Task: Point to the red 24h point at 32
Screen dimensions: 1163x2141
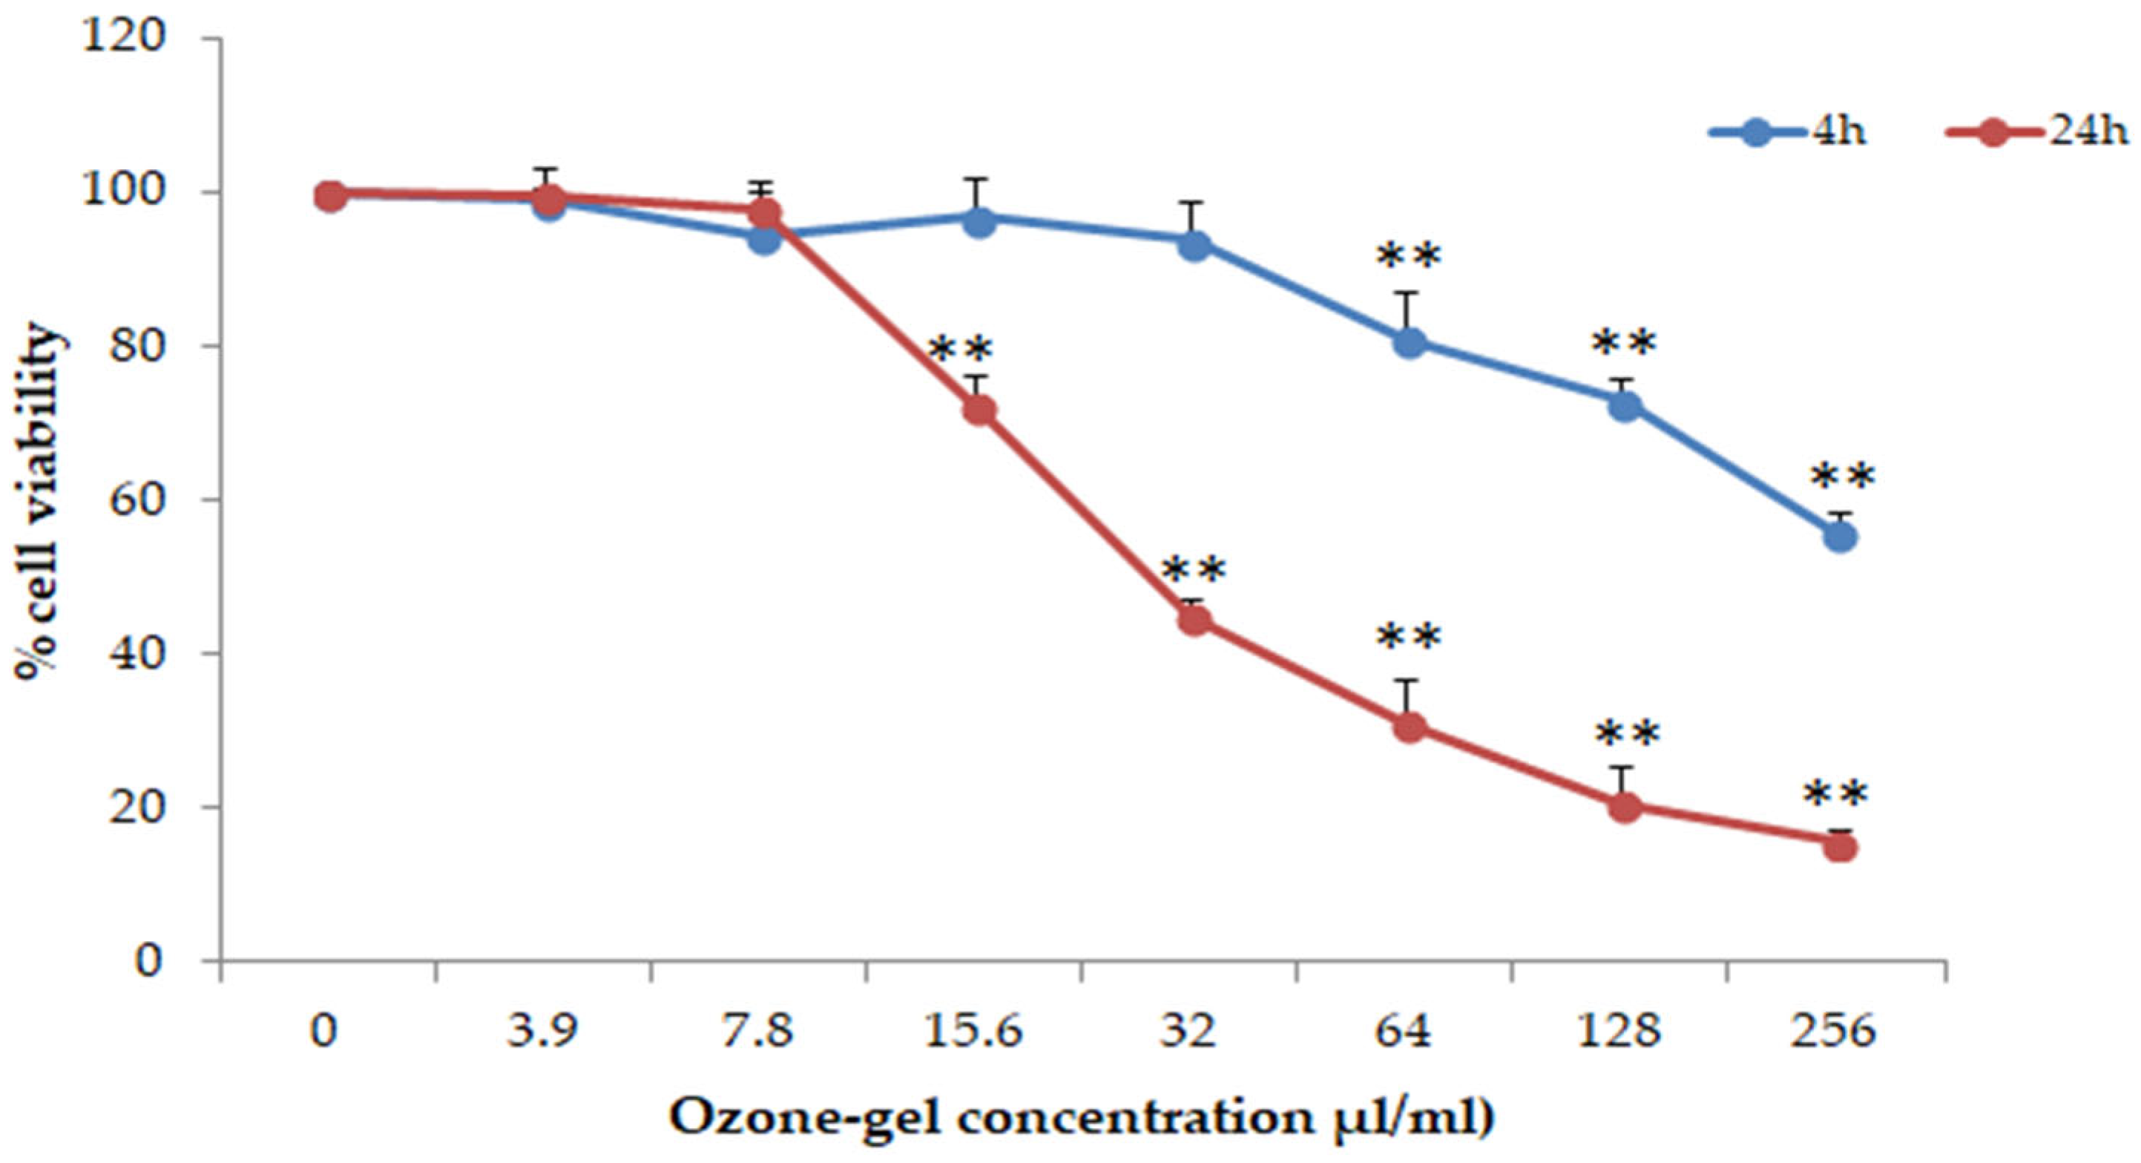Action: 1194,621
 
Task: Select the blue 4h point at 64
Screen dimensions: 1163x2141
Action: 1410,342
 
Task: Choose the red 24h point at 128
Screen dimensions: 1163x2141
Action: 1625,806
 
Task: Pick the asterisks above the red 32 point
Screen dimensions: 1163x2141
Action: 1194,570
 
